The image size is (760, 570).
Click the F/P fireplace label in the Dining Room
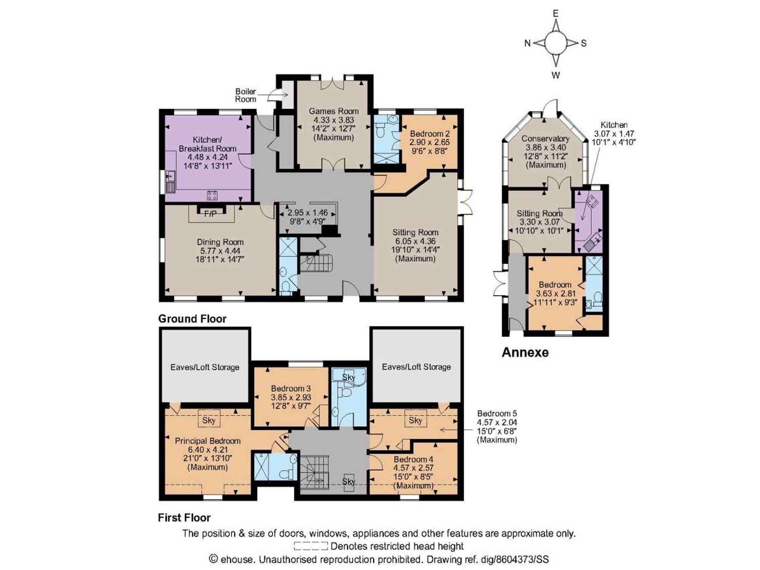[x=210, y=214]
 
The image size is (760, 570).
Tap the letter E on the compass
[x=556, y=14]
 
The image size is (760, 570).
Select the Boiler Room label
[x=245, y=95]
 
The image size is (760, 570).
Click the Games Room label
[x=334, y=111]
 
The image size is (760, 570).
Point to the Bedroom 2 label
[x=430, y=134]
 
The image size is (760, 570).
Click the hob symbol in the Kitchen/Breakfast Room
[x=212, y=195]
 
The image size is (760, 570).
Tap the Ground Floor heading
[x=192, y=319]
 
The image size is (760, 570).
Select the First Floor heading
[x=184, y=518]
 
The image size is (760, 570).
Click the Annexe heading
[x=525, y=352]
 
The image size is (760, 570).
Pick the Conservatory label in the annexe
[x=545, y=138]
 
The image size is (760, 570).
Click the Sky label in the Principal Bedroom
[x=209, y=420]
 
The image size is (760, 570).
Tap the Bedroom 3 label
[x=291, y=388]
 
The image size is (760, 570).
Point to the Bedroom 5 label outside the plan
[x=497, y=413]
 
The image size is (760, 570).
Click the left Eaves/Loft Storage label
[x=205, y=367]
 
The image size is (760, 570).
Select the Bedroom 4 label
[x=413, y=459]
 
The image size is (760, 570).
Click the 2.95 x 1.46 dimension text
[x=307, y=213]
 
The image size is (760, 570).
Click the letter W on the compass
[x=556, y=75]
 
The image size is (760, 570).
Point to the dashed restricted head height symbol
[x=311, y=546]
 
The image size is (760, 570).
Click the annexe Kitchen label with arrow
[x=614, y=125]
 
